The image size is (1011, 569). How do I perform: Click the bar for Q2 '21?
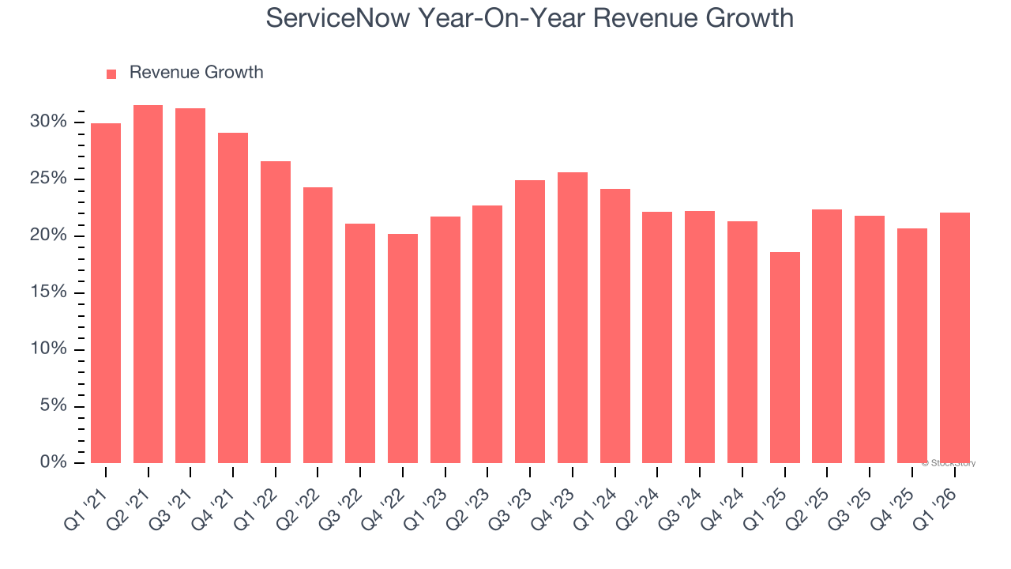148,284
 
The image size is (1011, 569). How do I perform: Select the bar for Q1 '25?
785,357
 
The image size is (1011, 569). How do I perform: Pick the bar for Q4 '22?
403,349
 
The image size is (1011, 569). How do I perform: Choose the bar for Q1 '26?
955,337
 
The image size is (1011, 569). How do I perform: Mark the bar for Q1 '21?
106,293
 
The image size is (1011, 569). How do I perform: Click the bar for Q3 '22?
360,343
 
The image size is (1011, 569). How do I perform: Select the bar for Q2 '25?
827,336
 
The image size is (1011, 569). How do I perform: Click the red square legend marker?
111,73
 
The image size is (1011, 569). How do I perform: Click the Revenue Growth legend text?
196,73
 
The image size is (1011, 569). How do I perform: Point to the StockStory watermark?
949,463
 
